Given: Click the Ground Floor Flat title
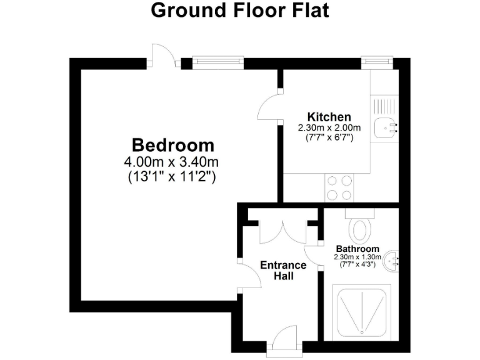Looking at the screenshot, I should pyautogui.click(x=239, y=11).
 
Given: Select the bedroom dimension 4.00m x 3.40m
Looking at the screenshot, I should pyautogui.click(x=172, y=162).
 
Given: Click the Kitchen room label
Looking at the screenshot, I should pyautogui.click(x=329, y=117).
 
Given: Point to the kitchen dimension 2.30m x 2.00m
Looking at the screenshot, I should pyautogui.click(x=329, y=127).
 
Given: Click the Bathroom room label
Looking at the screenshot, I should pyautogui.click(x=357, y=249).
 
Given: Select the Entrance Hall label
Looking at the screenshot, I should pyautogui.click(x=283, y=270).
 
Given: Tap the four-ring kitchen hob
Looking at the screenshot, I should pyautogui.click(x=338, y=187).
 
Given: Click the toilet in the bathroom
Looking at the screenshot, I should pyautogui.click(x=361, y=227).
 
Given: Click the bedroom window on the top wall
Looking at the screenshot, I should pyautogui.click(x=217, y=61).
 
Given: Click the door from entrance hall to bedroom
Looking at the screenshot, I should pyautogui.click(x=249, y=276).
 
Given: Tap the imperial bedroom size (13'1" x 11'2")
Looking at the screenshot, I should pyautogui.click(x=172, y=176).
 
